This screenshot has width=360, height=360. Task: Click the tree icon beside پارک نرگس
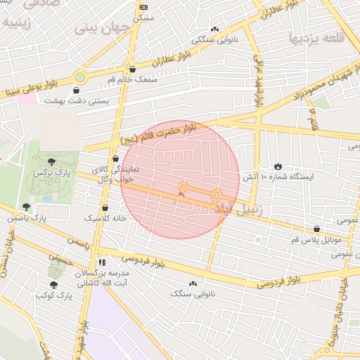pos(70,162)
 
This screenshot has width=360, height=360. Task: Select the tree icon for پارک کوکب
pos(54,285)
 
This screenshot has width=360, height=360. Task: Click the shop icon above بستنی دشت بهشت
pos(76,90)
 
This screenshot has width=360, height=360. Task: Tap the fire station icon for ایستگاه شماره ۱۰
pos(278,166)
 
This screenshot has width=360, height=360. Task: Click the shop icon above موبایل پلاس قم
pos(317,229)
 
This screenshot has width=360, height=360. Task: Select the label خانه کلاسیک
pos(105,219)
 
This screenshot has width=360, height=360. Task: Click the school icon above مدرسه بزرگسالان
pos(103,262)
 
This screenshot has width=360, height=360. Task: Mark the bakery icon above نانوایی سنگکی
pos(214,30)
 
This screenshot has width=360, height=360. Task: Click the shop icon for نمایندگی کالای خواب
pos(116,159)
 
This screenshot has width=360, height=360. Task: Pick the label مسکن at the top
pos(144,17)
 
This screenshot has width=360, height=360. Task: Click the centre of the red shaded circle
pos(180,179)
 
